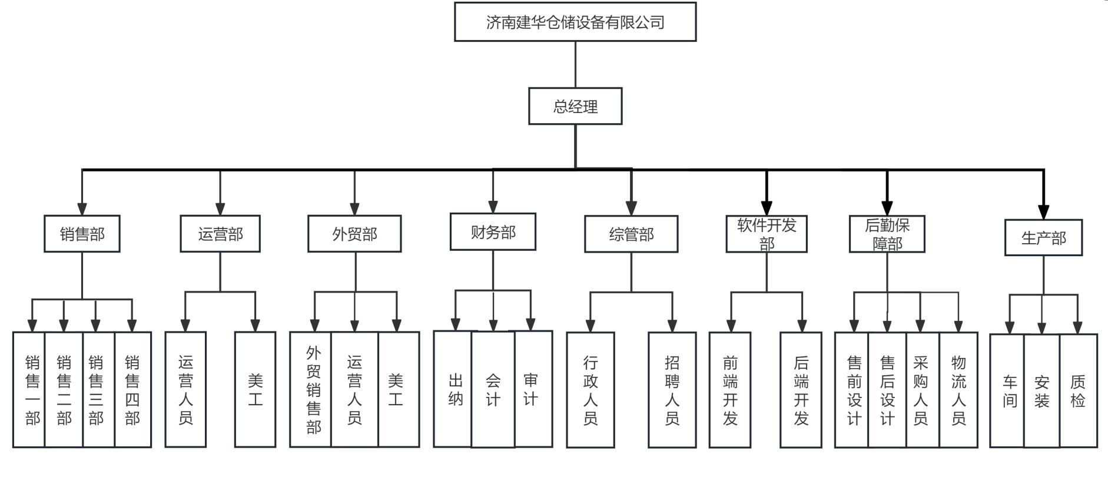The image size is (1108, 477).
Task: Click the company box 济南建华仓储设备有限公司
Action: point(575,22)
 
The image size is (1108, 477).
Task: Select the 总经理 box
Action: point(575,107)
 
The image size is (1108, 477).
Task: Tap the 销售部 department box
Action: point(82,234)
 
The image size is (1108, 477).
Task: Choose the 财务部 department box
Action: point(493,232)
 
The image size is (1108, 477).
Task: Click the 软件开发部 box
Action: point(766,234)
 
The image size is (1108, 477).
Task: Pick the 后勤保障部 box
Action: point(887,234)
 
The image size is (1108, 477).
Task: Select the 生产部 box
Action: point(1043,238)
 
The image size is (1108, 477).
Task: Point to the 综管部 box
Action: point(631,234)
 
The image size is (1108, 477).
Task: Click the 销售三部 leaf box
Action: point(96,389)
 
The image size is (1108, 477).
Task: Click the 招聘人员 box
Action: point(672,389)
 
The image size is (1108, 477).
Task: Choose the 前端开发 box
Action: point(730,389)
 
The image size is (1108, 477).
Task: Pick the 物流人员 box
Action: point(958,389)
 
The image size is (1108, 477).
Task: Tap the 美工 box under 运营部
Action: point(255,389)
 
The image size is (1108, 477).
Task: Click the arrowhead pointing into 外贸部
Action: point(354,209)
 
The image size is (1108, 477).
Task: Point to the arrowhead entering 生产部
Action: point(1043,213)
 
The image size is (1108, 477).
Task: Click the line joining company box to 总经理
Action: point(575,65)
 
